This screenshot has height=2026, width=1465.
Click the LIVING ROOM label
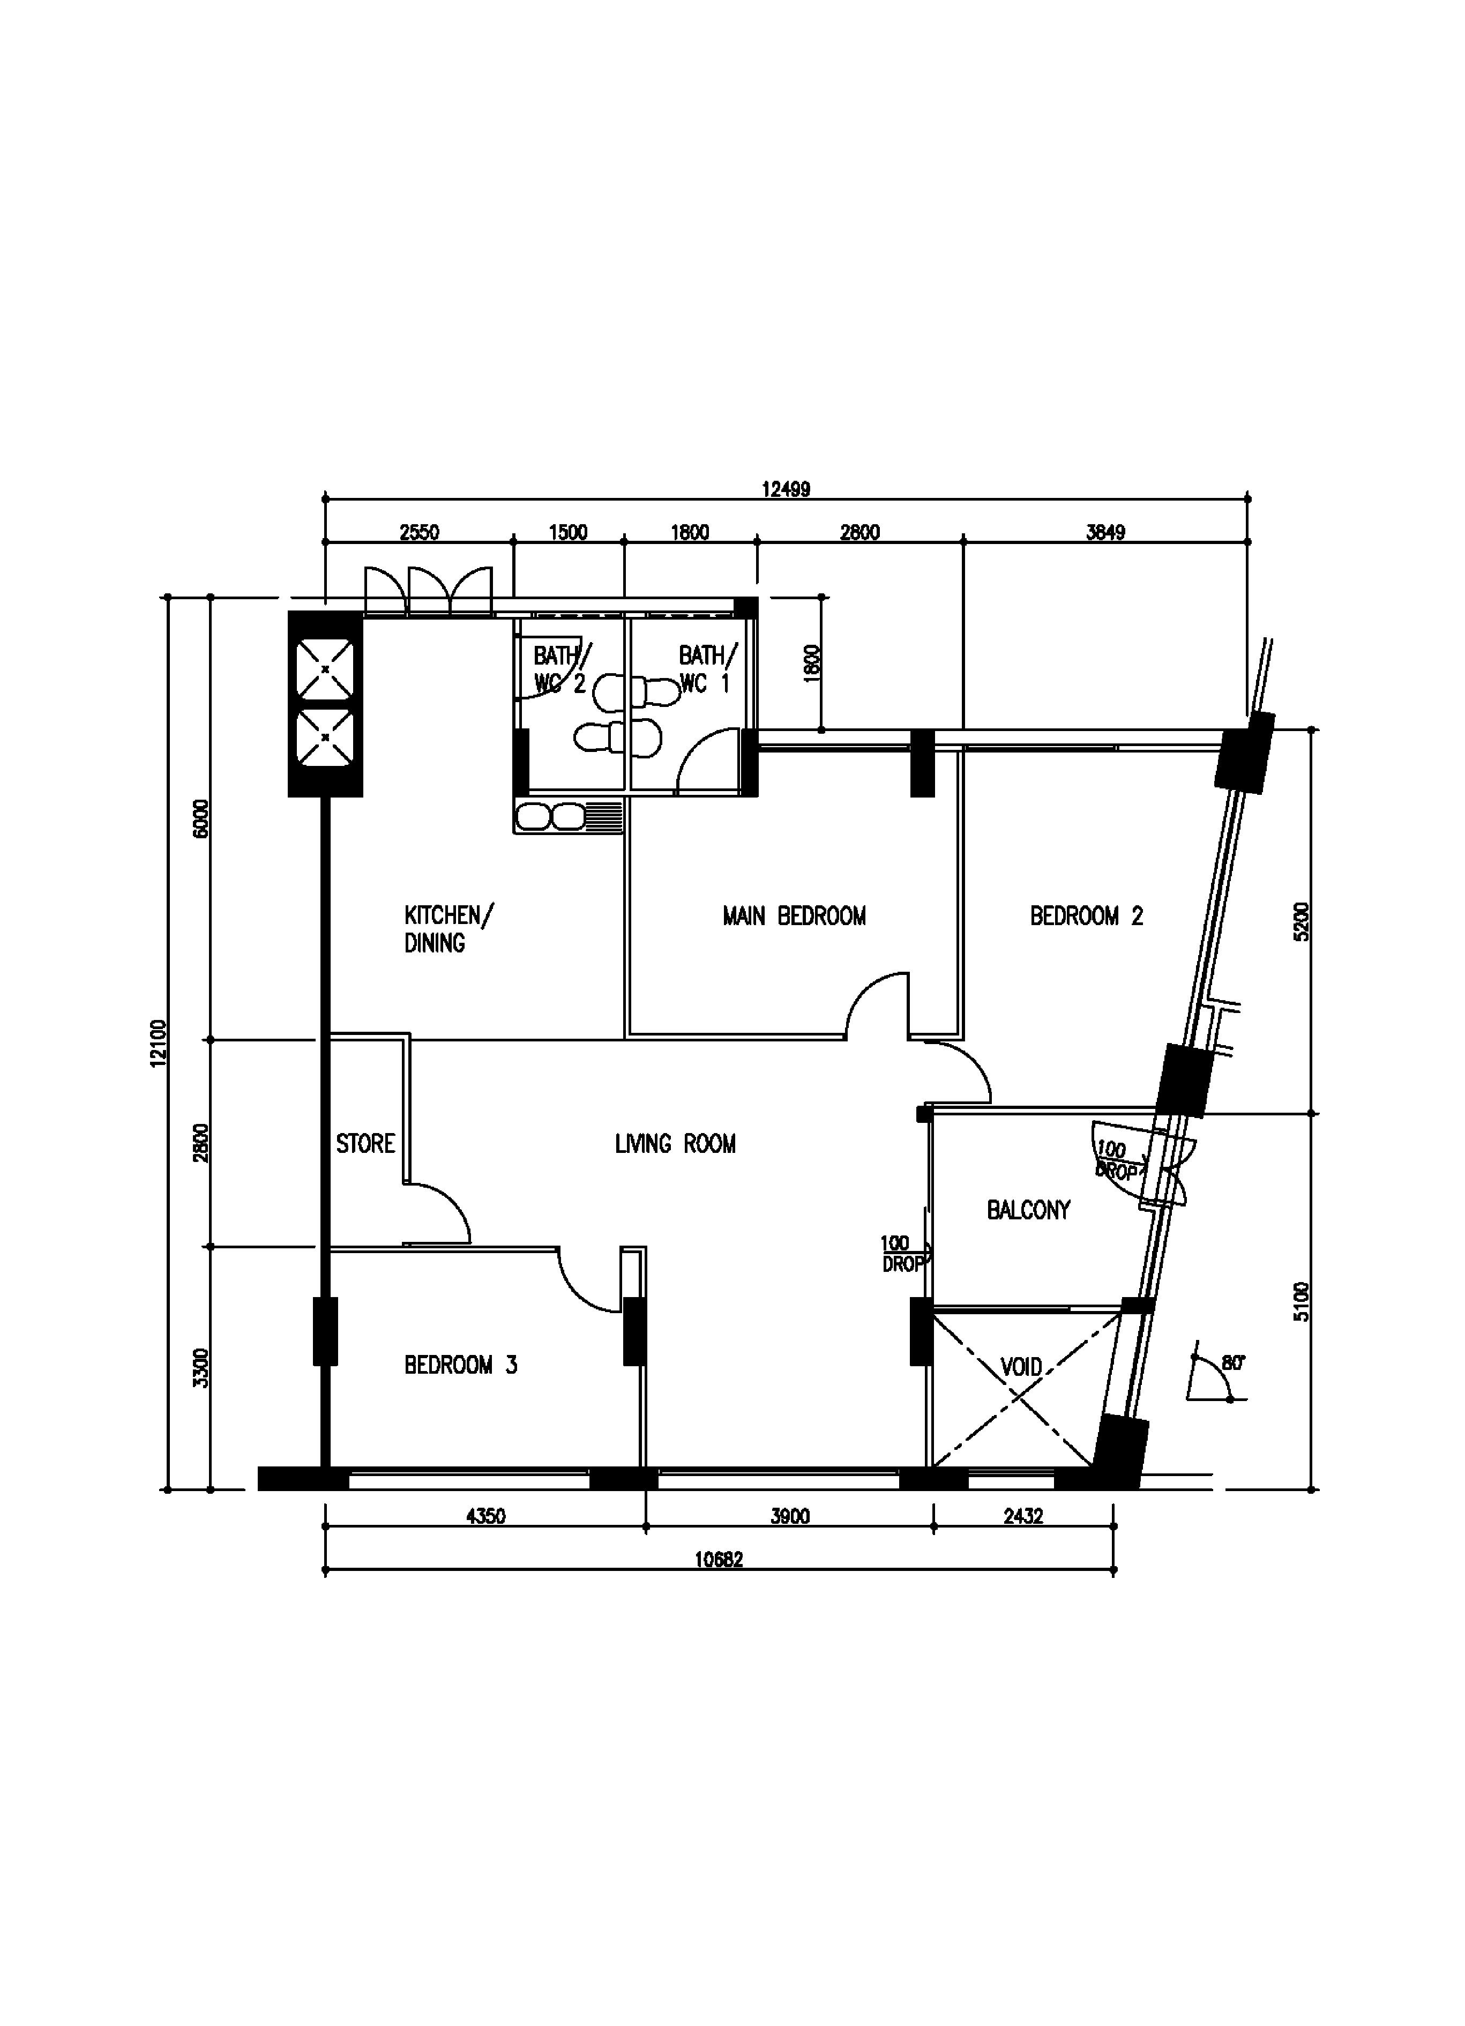(675, 1143)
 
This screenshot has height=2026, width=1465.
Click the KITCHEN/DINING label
(447, 928)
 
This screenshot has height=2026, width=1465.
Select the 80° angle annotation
(1233, 1363)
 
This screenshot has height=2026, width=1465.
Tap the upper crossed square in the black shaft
(325, 668)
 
